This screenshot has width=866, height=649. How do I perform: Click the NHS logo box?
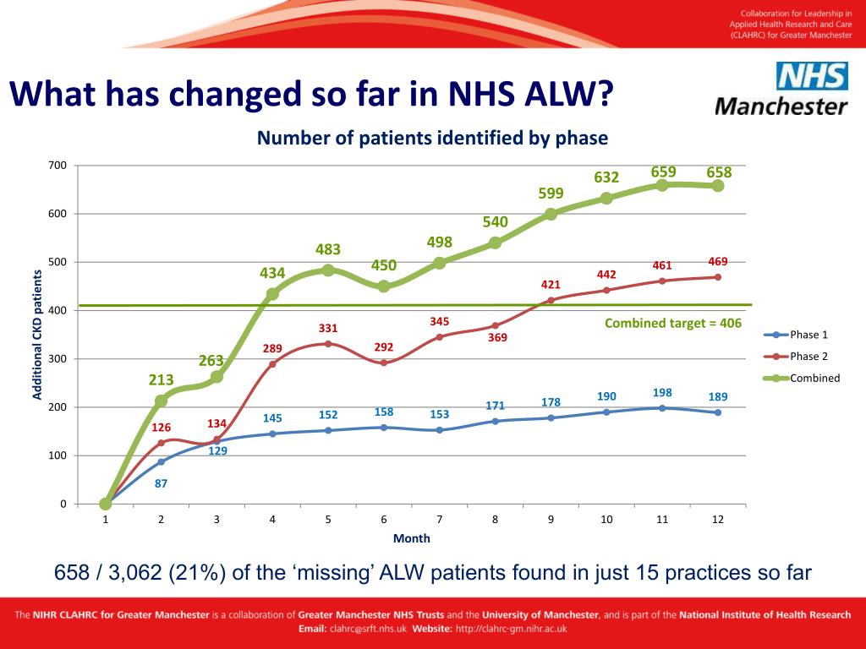pos(812,77)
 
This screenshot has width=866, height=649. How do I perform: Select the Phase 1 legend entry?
pos(803,335)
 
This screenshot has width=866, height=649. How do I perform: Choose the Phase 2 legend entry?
pos(803,357)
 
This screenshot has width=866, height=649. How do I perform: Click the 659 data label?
pos(663,172)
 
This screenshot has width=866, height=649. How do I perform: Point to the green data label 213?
pos(162,379)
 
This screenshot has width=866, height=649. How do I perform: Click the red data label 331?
pos(328,328)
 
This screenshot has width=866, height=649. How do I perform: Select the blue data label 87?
pos(161,484)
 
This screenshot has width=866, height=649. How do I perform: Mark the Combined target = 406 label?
pos(672,323)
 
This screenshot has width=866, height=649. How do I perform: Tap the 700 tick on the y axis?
pos(57,165)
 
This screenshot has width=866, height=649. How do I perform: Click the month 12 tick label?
pos(717,520)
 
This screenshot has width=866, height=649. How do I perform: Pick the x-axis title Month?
pos(411,538)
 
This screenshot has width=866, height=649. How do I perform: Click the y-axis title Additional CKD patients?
pos(37,335)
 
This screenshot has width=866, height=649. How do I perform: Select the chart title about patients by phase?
pos(432,138)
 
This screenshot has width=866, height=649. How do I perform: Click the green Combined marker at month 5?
pos(328,270)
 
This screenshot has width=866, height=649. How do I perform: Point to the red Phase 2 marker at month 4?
pos(272,364)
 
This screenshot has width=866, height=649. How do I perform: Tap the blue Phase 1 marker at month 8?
pos(496,421)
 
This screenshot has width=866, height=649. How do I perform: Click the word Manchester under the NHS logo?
pos(781,107)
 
